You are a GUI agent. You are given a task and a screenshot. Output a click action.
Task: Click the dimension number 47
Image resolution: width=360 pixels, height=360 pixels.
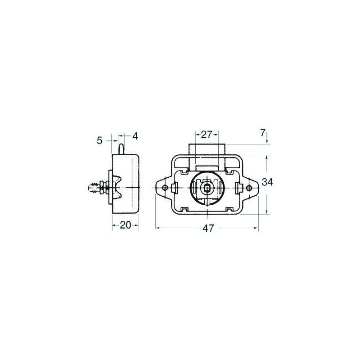pyautogui.click(x=208, y=228)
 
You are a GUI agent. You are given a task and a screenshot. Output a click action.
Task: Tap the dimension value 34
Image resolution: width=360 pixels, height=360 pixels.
pyautogui.click(x=267, y=182)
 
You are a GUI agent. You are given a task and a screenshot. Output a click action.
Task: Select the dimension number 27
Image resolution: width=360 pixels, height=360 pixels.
pyautogui.click(x=206, y=135)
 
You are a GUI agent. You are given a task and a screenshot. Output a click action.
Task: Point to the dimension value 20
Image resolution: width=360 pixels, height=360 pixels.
pyautogui.click(x=126, y=225)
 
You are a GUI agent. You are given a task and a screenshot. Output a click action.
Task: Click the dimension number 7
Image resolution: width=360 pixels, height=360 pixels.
pyautogui.click(x=263, y=133)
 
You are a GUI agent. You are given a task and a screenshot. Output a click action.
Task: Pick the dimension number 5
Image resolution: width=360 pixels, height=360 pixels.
pyautogui.click(x=99, y=140)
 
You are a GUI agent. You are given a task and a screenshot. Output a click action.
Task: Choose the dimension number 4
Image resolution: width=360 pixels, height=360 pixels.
pyautogui.click(x=135, y=136)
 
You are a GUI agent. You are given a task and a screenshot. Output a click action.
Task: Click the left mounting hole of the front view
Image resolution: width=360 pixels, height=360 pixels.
pyautogui.click(x=165, y=188)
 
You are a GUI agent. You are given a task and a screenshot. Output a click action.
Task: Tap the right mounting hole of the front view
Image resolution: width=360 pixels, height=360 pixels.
pyautogui.click(x=249, y=188)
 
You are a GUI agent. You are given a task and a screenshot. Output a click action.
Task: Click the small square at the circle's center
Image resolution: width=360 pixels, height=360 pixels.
pyautogui.click(x=207, y=188)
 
